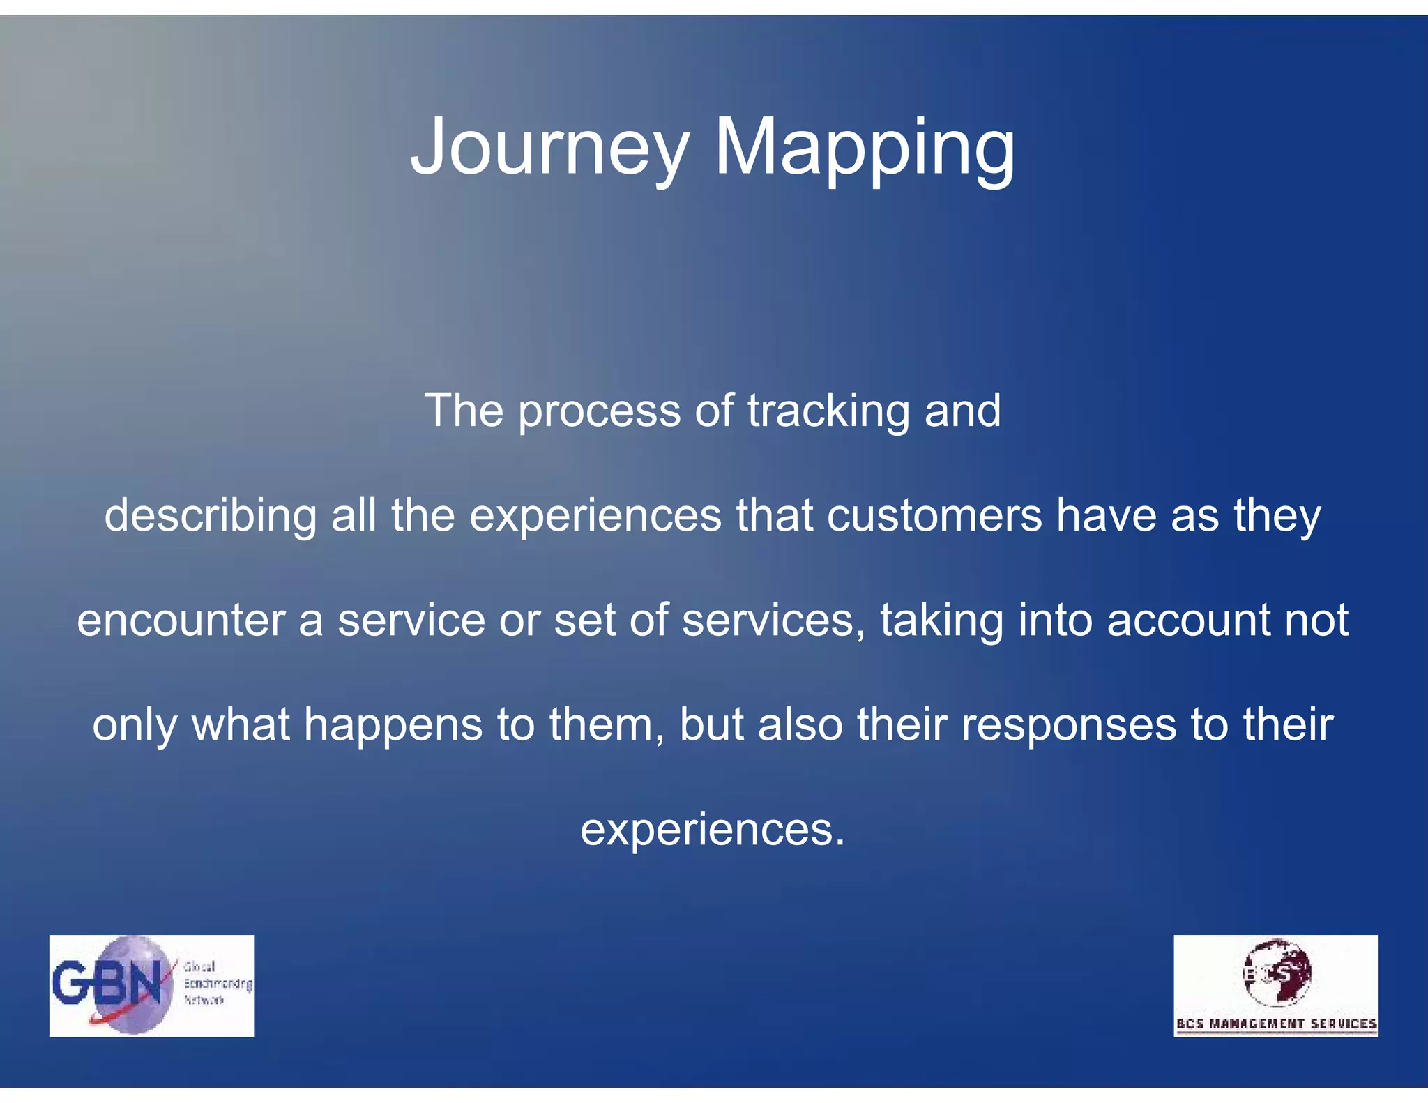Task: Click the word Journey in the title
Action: (550, 148)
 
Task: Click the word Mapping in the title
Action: (865, 148)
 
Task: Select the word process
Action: (599, 411)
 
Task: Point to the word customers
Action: (934, 515)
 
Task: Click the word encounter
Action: (181, 620)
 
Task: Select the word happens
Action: (393, 726)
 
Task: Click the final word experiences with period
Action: (712, 830)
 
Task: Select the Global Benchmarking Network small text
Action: (217, 983)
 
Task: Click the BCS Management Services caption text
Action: (1276, 1024)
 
